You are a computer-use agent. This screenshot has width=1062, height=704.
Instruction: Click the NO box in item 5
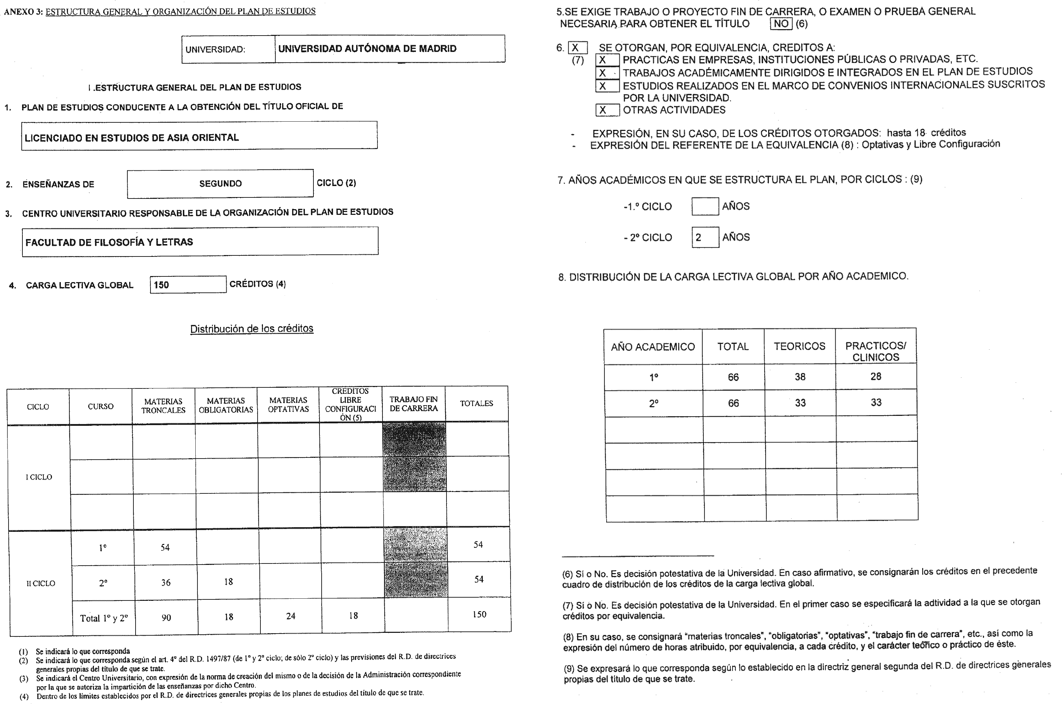781,24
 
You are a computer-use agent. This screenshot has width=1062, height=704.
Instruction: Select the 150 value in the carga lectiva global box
162,285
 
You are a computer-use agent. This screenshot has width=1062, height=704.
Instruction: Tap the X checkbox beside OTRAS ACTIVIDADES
607,110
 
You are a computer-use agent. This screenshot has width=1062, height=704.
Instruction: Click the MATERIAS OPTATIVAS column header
288,404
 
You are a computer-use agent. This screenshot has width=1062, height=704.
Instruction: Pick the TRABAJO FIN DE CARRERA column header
413,404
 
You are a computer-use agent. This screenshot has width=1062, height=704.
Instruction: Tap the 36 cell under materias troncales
166,582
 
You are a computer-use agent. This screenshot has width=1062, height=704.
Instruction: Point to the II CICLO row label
41,583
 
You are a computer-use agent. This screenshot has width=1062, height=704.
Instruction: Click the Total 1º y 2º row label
104,618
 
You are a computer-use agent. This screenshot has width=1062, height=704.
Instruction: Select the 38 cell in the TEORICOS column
800,377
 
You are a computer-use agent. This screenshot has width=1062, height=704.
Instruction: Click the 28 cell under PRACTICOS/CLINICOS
875,377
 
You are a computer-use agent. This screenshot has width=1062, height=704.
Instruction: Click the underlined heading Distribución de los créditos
252,329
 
